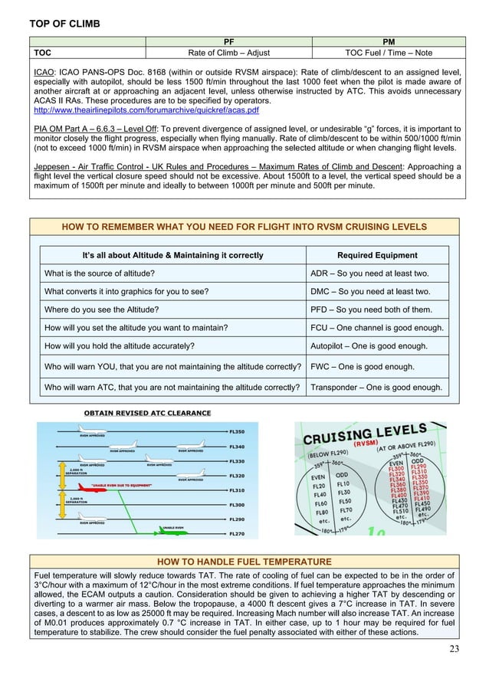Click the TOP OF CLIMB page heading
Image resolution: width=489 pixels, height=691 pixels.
point(64,24)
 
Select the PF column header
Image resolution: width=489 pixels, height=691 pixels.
point(228,41)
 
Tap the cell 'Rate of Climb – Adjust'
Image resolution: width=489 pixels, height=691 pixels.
point(228,53)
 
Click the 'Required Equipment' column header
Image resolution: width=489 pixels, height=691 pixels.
point(377,255)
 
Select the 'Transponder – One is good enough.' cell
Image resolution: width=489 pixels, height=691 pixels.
point(376,387)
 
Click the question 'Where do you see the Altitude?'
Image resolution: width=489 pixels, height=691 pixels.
point(101,309)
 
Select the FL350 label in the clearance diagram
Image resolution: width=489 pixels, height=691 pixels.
point(238,431)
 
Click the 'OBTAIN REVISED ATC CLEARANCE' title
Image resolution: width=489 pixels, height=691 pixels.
point(147,413)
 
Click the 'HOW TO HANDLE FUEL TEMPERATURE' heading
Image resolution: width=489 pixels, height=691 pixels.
point(244,562)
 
